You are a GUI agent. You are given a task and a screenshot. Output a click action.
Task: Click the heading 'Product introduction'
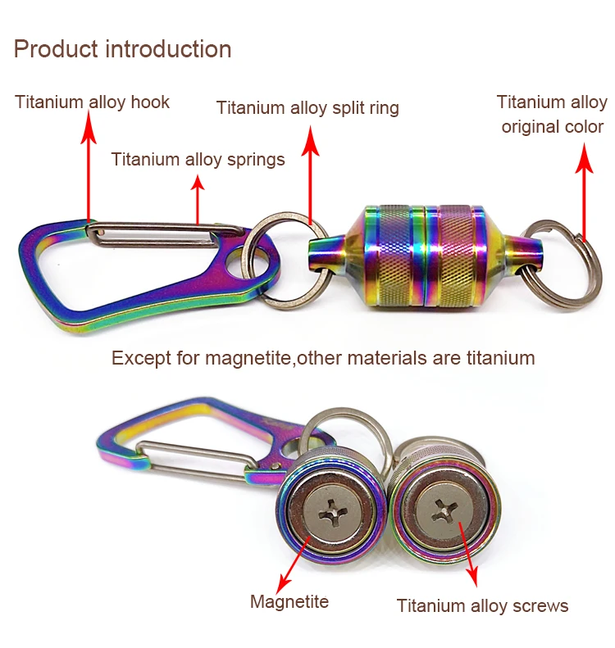point(122,49)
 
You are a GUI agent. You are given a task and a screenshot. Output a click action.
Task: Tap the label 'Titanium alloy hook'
point(92,102)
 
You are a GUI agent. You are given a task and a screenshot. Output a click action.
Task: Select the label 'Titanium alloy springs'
point(198,159)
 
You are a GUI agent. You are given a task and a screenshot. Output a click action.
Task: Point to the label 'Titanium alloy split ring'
point(307,108)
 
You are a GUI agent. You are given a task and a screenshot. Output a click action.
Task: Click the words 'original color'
point(553,127)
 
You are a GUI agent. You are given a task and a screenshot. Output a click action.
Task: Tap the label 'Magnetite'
point(289,602)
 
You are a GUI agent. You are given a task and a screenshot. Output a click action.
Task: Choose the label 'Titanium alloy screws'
point(482,606)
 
